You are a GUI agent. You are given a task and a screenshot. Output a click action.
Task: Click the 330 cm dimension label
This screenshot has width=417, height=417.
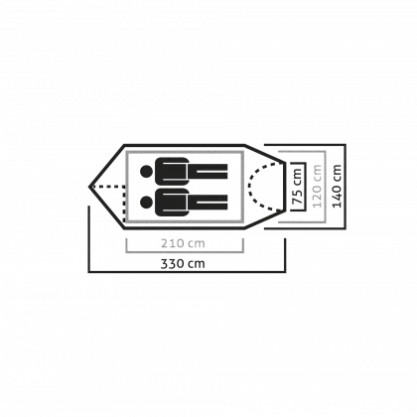183,264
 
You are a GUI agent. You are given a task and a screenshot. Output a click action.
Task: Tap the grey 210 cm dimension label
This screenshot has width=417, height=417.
183,243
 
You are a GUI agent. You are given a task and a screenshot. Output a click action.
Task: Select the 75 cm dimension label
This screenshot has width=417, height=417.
297,187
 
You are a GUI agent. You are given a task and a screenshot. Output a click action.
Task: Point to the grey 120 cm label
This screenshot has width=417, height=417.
317,186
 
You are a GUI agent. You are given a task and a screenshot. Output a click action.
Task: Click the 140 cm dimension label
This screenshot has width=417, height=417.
337,186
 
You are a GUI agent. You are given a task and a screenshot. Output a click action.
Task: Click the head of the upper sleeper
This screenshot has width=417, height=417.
146,171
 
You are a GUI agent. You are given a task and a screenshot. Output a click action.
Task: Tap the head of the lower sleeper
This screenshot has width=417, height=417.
146,202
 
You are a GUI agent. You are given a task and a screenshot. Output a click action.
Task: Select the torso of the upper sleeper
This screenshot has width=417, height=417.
172,171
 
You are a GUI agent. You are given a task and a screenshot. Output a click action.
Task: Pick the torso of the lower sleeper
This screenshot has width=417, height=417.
172,202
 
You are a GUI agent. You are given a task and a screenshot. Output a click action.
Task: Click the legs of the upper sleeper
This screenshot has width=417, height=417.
208,171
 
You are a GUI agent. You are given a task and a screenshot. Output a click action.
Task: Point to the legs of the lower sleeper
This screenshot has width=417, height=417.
208,202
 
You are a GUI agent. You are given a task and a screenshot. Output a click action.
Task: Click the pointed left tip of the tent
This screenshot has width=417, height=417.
89,187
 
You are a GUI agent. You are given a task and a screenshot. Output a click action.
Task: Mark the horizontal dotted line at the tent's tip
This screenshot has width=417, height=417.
108,187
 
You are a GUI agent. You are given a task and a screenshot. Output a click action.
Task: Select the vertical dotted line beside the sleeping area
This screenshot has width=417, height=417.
124,205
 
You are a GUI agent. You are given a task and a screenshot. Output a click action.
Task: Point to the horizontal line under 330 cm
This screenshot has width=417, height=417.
187,272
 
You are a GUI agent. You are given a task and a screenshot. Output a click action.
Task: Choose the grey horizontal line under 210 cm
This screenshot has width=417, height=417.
185,252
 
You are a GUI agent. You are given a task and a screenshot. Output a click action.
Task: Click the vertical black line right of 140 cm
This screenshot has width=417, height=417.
346,187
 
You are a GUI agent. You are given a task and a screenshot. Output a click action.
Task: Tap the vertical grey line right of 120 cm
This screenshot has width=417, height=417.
326,187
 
